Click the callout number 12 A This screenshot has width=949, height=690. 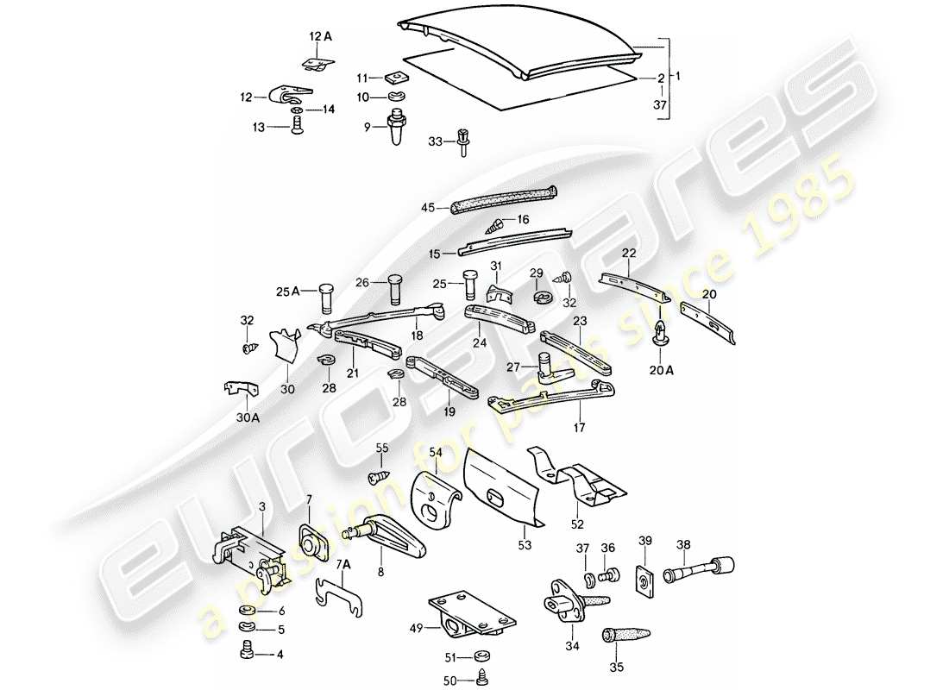click(x=320, y=36)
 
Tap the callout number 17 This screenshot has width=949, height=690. click(x=580, y=426)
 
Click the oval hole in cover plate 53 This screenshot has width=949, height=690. click(x=500, y=500)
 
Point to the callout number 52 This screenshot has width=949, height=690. click(x=577, y=524)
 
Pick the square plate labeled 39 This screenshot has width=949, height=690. click(x=644, y=579)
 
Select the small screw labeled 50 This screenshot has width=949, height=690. click(x=481, y=679)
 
